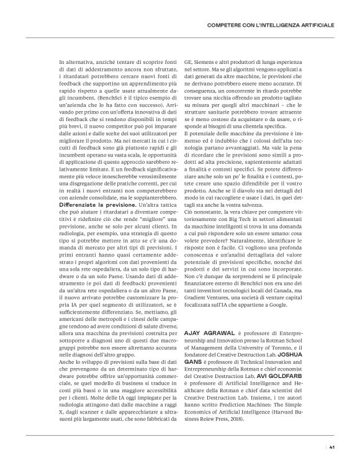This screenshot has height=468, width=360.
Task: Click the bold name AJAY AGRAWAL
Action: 208,333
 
